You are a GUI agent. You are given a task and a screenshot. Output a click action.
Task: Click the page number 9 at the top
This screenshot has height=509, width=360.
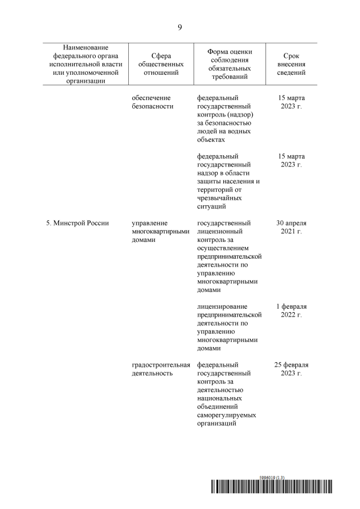click(179, 26)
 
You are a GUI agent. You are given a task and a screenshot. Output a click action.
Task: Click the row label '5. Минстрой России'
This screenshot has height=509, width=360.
click(77, 223)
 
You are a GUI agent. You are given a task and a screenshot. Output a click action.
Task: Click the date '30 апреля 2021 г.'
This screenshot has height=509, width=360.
click(291, 227)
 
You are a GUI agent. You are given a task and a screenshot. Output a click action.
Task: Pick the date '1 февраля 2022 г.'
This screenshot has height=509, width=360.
click(291, 310)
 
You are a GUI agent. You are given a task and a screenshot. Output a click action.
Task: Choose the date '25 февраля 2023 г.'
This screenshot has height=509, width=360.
click(291, 369)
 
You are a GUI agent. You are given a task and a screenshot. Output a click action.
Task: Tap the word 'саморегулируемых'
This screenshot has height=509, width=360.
click(227, 415)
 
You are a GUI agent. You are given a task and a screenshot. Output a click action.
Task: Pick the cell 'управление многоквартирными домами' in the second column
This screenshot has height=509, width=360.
click(158, 232)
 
